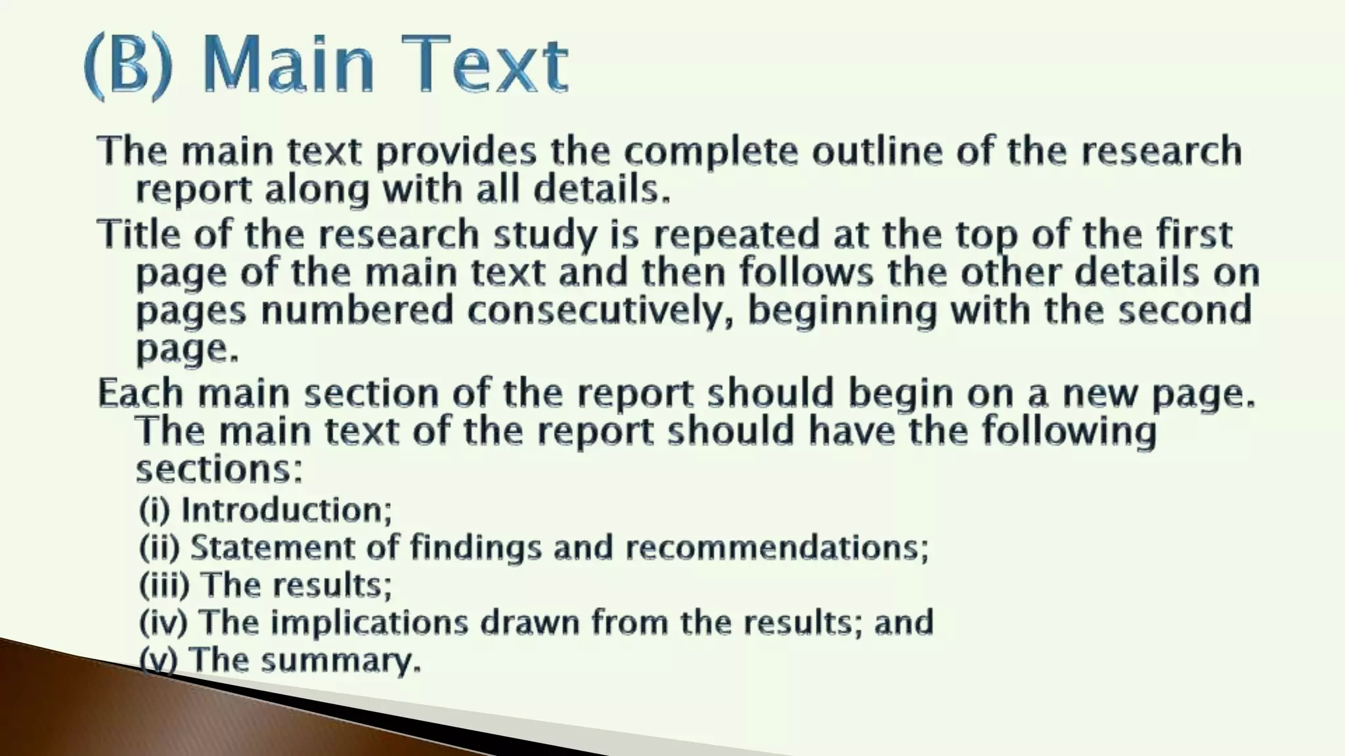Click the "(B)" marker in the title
[129, 66]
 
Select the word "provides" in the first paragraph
[456, 152]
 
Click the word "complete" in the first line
[711, 152]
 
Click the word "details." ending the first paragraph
[602, 190]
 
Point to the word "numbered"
[357, 310]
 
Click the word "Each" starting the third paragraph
[141, 393]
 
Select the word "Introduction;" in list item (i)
[286, 510]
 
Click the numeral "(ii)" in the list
[159, 547]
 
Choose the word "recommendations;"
[777, 547]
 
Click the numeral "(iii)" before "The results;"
[164, 585]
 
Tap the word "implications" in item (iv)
[370, 622]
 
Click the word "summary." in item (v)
[341, 660]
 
